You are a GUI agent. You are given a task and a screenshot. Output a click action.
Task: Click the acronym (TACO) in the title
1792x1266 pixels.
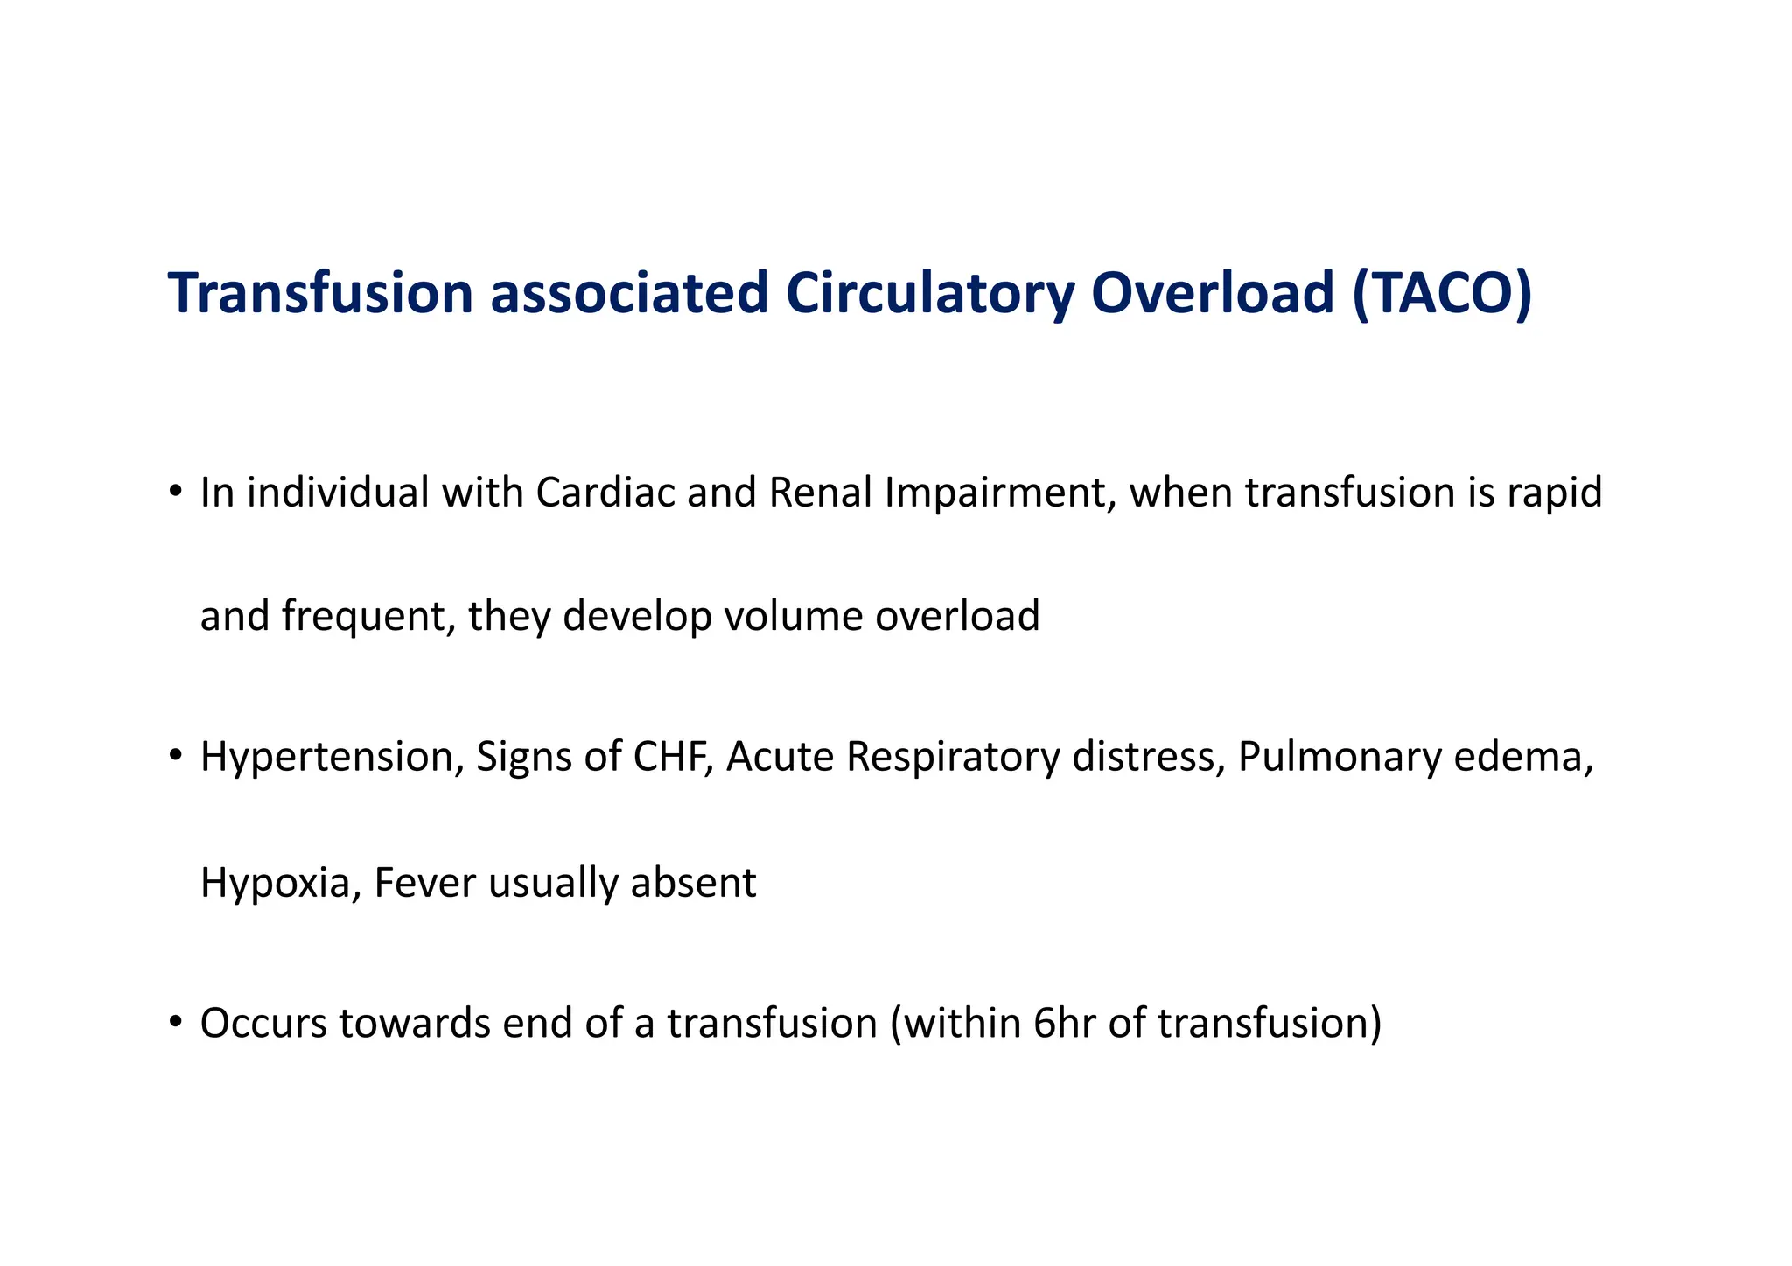(x=1441, y=293)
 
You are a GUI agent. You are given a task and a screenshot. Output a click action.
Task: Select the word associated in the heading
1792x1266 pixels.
(x=628, y=293)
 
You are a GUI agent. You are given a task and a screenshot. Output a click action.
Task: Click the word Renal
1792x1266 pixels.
(x=821, y=493)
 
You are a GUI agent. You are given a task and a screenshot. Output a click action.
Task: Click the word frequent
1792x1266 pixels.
(x=367, y=617)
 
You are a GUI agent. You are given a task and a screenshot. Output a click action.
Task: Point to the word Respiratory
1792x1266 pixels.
(x=953, y=758)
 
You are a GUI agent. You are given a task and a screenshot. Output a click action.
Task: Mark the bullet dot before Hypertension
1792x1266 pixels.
(x=176, y=755)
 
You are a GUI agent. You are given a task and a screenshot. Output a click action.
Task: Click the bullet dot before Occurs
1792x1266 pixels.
(x=176, y=1021)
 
